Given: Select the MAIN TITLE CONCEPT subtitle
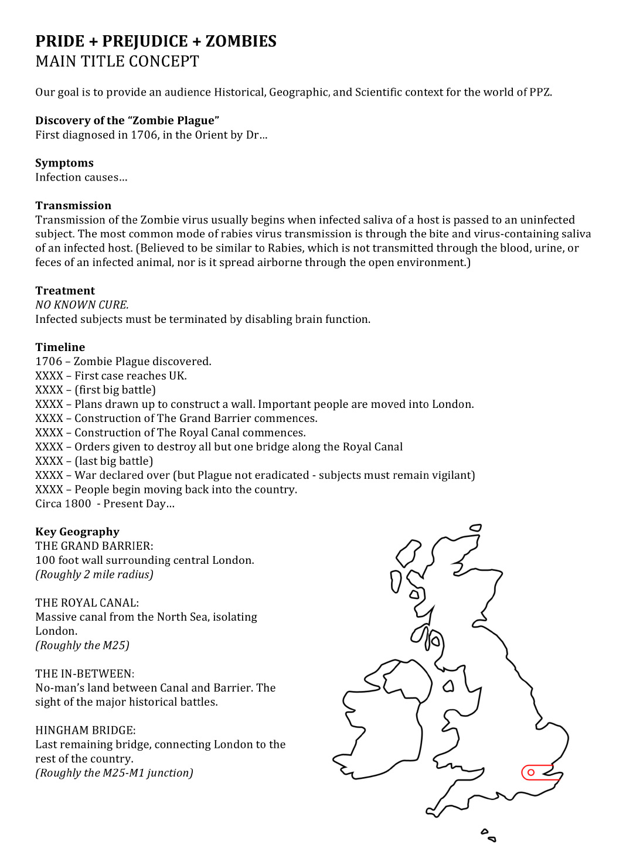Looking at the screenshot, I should (117, 62).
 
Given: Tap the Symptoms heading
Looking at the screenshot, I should (64, 163).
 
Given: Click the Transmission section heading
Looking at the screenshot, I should (73, 206).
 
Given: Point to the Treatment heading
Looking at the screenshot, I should (65, 291).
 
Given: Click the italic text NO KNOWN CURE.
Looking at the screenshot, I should (82, 305).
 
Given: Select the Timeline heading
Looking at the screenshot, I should (60, 347).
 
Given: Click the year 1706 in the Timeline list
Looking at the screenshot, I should (49, 362).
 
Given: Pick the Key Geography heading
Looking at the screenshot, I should (77, 532).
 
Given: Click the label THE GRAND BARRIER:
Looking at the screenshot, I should (94, 546).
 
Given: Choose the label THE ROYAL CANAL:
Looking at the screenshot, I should (87, 602).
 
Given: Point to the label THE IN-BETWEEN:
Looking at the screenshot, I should (85, 673).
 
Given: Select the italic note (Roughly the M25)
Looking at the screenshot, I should (83, 645).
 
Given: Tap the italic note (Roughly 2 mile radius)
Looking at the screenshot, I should (94, 574).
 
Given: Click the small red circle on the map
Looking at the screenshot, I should (531, 772).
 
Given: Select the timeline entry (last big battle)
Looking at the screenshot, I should (114, 461).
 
